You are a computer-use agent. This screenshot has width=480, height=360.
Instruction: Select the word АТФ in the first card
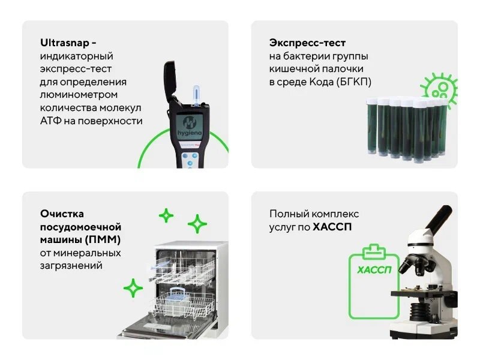tap(52, 121)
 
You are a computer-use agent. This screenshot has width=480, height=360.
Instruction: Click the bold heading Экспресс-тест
tap(304, 43)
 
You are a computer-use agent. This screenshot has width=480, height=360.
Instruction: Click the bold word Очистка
tap(62, 214)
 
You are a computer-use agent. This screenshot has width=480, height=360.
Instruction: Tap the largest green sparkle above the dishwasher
tap(197, 224)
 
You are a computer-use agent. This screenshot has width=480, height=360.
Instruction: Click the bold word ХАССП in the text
tap(333, 227)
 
